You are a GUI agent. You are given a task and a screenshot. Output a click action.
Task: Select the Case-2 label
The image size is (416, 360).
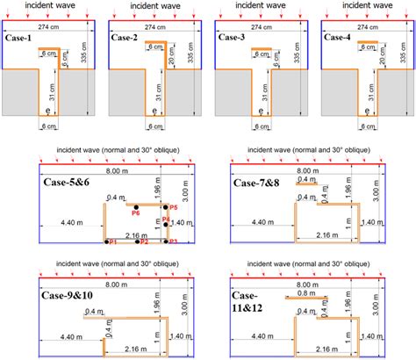126,39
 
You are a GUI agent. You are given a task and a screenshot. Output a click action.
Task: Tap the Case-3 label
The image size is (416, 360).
229,39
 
